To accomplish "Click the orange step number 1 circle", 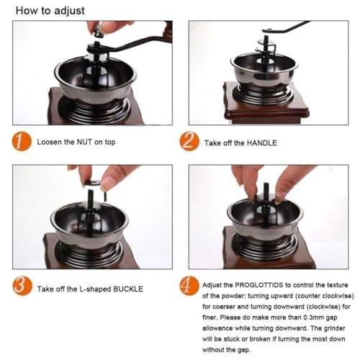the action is (x=22, y=142).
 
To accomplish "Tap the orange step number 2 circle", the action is (x=189, y=142).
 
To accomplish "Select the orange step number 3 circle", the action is (x=22, y=286).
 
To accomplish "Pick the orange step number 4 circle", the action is (x=189, y=286).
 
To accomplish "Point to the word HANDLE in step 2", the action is (x=262, y=143).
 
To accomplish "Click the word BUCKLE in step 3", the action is (x=128, y=289).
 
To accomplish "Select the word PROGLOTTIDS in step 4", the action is (x=259, y=285).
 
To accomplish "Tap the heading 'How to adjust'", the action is (x=50, y=11).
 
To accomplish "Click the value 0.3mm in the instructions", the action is (x=314, y=318).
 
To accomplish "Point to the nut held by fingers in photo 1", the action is (x=99, y=31).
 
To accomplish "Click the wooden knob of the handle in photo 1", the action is (x=168, y=31).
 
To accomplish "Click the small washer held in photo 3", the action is (x=92, y=183).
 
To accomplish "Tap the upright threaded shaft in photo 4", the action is (x=266, y=194).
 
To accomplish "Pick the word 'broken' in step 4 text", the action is (x=260, y=339).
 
